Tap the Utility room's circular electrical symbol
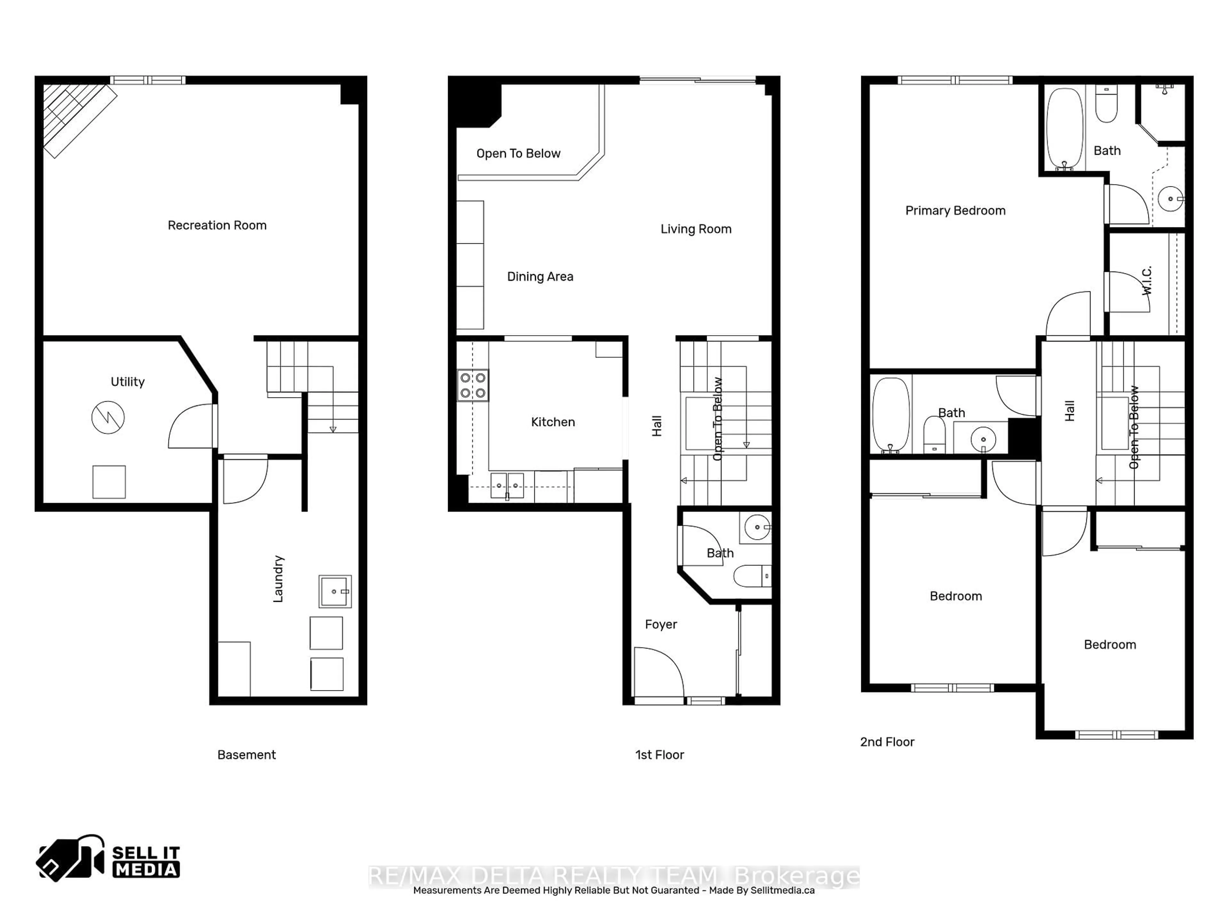(108, 417)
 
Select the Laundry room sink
(335, 591)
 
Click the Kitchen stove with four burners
(473, 385)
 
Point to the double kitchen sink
(507, 486)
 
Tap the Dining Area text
(540, 277)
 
